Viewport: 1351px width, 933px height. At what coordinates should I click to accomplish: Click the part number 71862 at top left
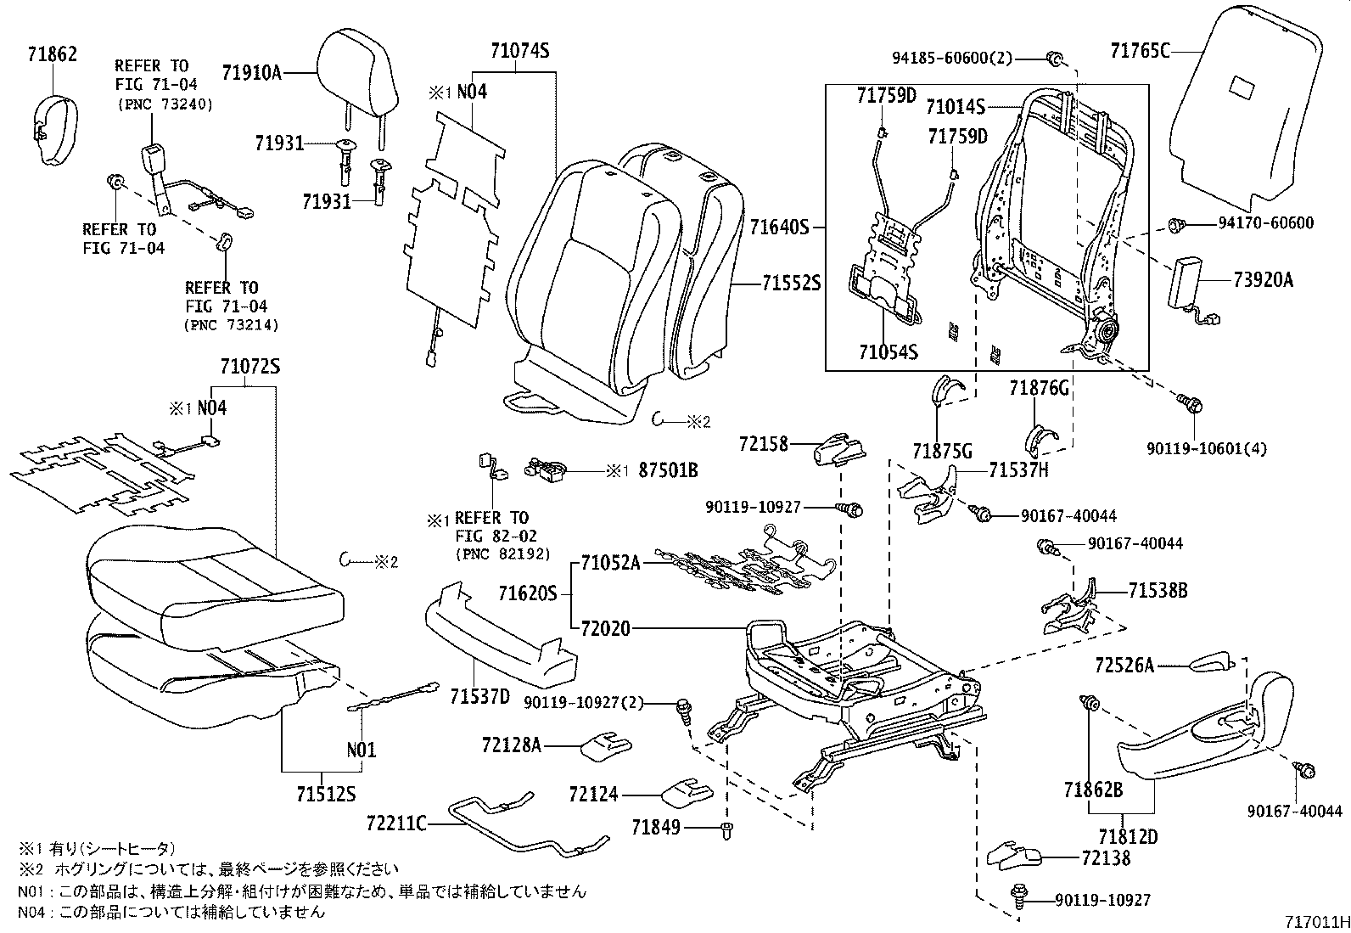click(x=51, y=55)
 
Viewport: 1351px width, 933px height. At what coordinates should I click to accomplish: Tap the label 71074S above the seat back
click(x=519, y=51)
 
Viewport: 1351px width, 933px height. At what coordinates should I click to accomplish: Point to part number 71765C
click(x=1140, y=51)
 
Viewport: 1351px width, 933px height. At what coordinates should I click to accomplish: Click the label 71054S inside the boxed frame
click(x=888, y=352)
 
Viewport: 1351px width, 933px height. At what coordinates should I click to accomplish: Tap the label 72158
click(x=763, y=444)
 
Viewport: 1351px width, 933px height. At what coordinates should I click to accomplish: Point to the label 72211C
click(x=397, y=823)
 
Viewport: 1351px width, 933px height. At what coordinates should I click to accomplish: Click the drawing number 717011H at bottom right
click(x=1315, y=922)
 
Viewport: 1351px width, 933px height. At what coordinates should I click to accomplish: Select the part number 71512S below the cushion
click(x=326, y=795)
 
